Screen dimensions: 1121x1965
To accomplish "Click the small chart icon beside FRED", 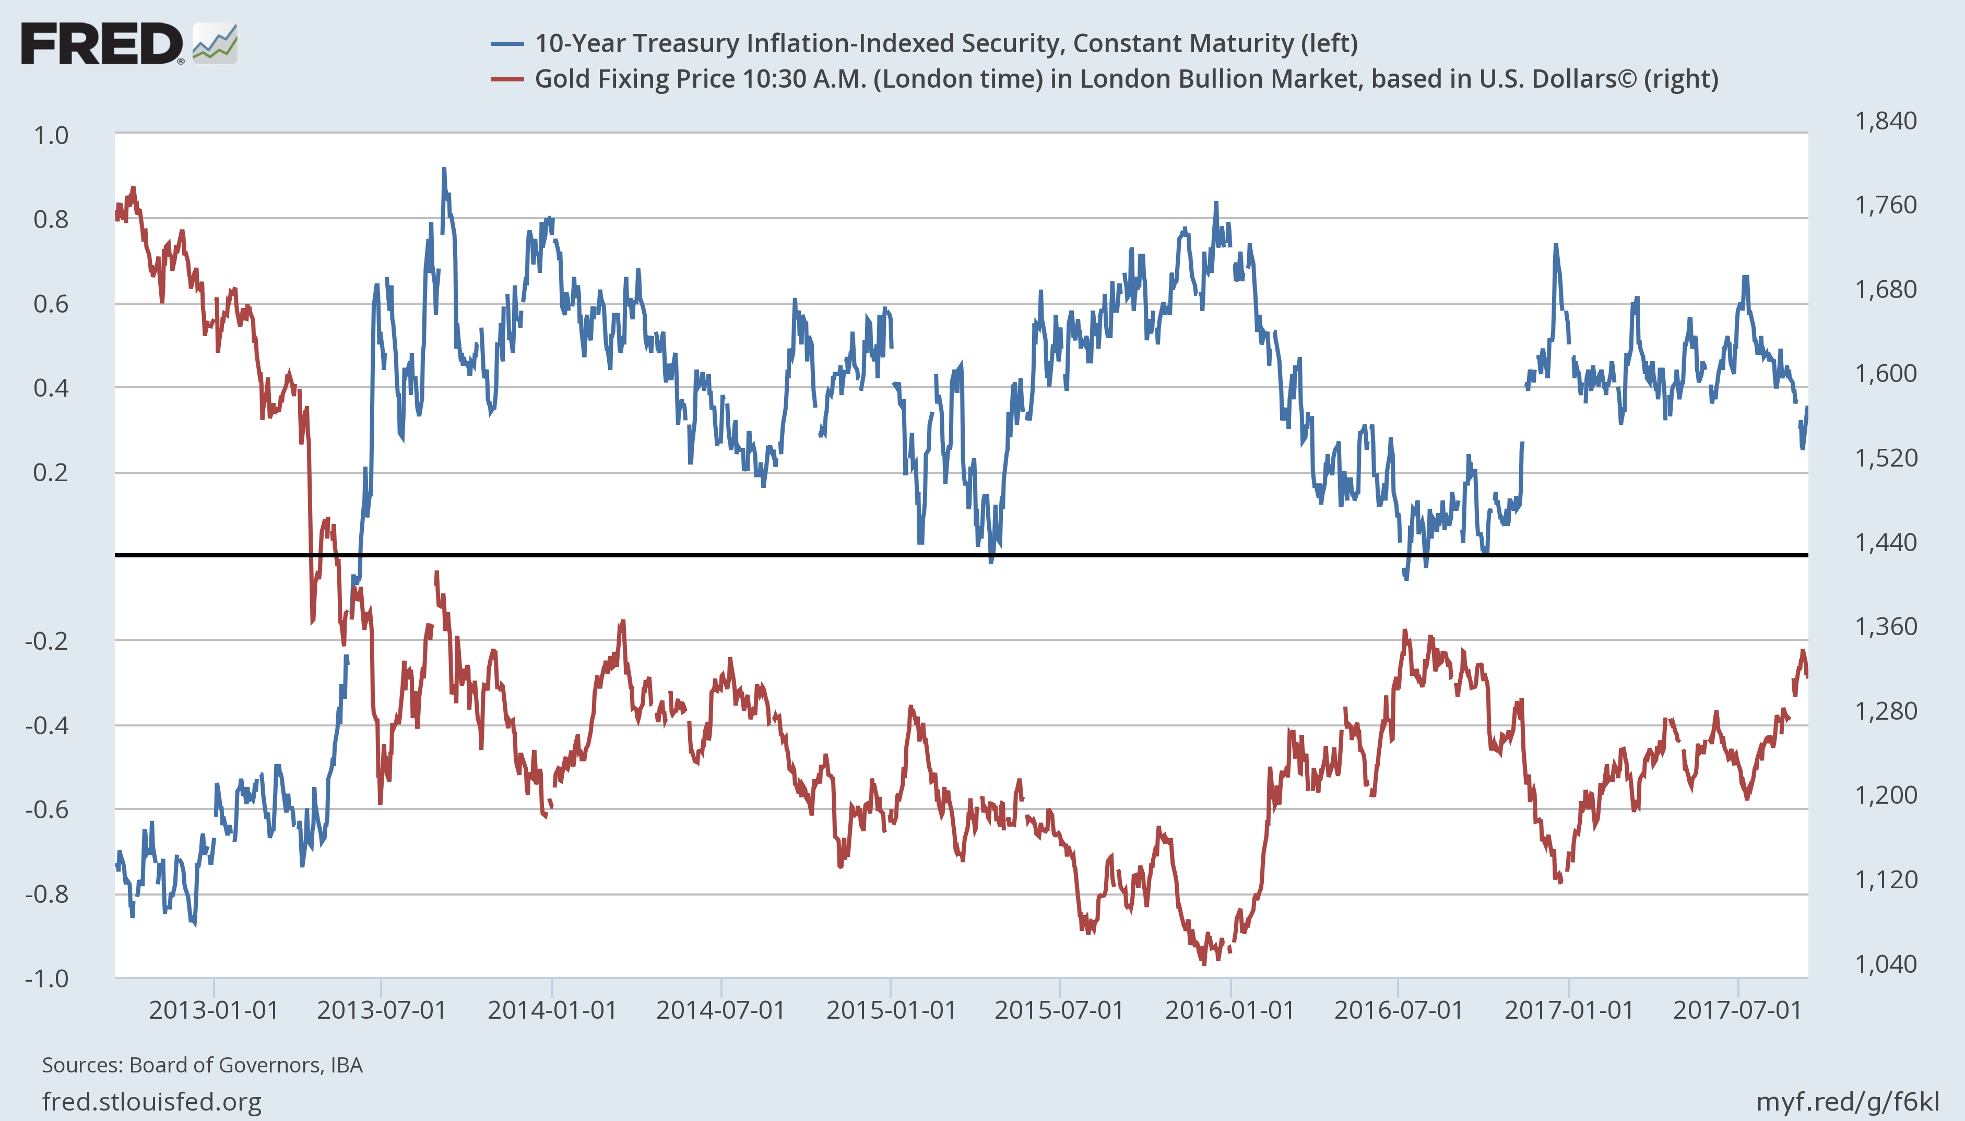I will point(215,43).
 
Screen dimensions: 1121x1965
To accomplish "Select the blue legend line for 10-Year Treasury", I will point(507,44).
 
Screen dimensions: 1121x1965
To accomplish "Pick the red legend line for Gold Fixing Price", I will point(507,79).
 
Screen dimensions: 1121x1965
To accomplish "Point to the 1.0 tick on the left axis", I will point(51,136).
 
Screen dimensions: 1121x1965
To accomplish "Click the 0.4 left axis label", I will point(51,388).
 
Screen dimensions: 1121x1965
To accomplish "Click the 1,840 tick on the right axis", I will point(1886,121).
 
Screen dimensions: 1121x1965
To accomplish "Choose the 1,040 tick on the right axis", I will point(1886,964).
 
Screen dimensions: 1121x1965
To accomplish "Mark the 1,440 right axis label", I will point(1886,543).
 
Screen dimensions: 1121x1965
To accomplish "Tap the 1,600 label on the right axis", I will point(1886,374).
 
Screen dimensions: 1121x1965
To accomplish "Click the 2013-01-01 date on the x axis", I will point(214,1010).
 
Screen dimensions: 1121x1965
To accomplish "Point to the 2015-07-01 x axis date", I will point(1059,1010).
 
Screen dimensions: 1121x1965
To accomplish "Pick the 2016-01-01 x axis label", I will point(1229,1010).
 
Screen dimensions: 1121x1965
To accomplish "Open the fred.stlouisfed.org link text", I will point(152,1102).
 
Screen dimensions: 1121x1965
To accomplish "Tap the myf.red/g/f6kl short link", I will point(1847,1102).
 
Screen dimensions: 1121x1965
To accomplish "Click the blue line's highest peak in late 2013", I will point(444,170).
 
